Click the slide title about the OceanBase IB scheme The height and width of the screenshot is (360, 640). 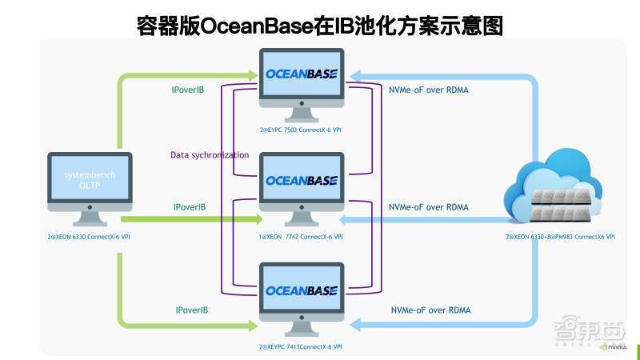[x=320, y=26]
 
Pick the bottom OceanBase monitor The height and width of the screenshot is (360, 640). [x=302, y=291]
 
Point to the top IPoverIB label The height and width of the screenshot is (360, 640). [x=188, y=90]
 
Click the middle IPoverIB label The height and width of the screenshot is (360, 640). [x=190, y=207]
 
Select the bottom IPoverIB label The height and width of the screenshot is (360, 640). [x=192, y=310]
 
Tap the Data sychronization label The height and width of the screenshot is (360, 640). [x=210, y=154]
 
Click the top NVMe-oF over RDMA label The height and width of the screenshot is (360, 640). [x=429, y=90]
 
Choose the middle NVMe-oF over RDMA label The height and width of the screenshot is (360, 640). [x=428, y=207]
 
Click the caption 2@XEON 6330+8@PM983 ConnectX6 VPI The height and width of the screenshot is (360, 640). [x=560, y=238]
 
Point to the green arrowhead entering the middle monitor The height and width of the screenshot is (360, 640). [x=257, y=218]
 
